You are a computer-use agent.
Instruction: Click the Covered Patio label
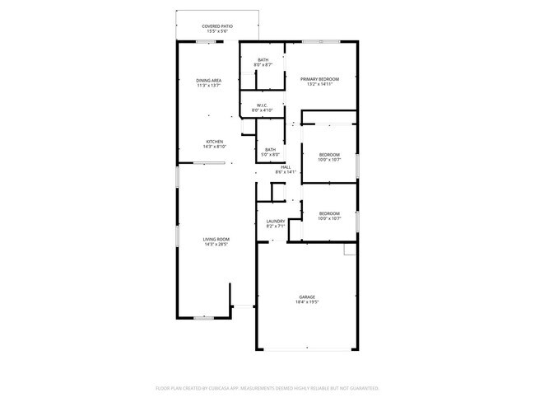217,26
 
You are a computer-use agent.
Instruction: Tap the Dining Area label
208,80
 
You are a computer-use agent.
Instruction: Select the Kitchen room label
214,141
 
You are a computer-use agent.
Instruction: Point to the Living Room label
215,240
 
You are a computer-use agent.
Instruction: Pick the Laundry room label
276,221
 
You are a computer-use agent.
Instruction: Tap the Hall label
286,167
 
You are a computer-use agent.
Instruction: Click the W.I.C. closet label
263,105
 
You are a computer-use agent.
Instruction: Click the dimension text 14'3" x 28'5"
215,245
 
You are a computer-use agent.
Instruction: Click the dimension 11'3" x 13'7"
208,85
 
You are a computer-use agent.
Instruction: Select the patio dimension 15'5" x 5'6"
217,32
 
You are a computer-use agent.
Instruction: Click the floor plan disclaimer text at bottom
267,387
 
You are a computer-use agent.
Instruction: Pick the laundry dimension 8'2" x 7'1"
276,226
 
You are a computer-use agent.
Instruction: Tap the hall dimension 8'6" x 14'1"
286,172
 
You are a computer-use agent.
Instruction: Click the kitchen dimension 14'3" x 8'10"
214,146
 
